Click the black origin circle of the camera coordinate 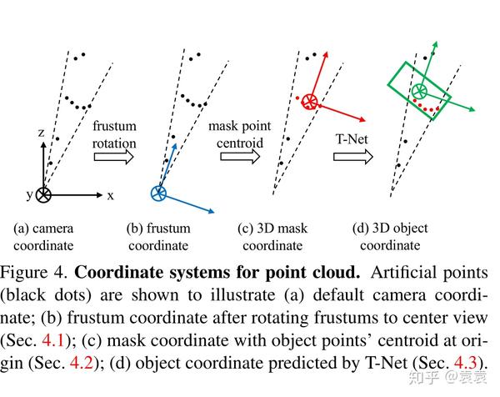43,195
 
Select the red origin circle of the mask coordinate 310,102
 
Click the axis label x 110,195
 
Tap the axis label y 27,195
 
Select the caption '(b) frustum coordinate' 159,236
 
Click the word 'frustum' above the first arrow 114,125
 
